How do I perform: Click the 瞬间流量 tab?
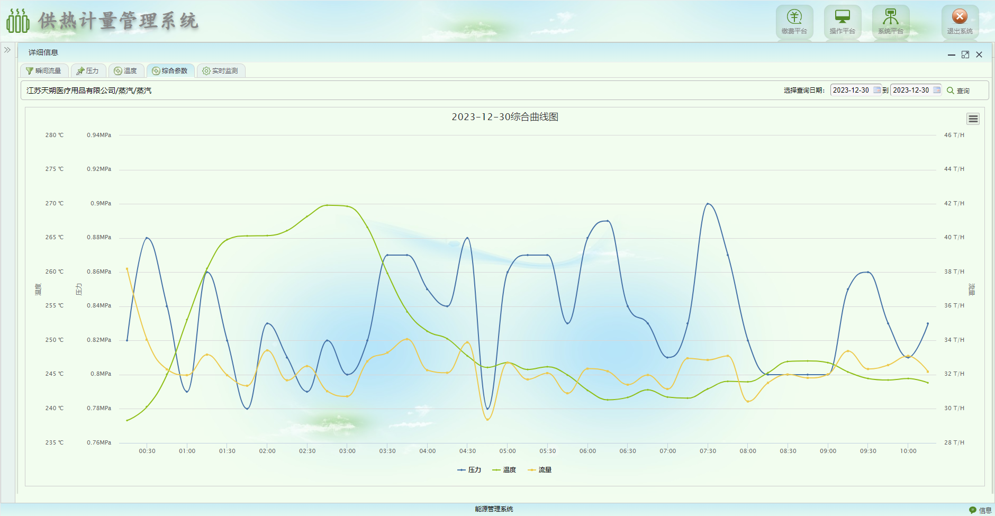[x=44, y=71]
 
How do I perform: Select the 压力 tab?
[x=88, y=71]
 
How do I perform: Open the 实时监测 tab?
[x=221, y=71]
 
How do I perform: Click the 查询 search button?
[x=958, y=90]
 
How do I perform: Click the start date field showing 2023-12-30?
[x=851, y=90]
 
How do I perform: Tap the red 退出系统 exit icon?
[x=960, y=17]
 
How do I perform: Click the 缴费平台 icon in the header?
[x=794, y=18]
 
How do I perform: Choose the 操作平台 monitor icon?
[x=842, y=18]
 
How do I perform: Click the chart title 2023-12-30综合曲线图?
[x=505, y=117]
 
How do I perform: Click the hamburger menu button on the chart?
[x=973, y=119]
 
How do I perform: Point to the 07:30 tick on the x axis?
[x=708, y=451]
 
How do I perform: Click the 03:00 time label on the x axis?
[x=347, y=451]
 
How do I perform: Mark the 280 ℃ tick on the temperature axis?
[x=54, y=135]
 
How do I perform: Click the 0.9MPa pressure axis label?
[x=101, y=203]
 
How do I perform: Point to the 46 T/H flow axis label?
[x=954, y=135]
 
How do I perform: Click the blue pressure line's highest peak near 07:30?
[x=708, y=204]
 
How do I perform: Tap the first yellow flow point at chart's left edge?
[x=127, y=269]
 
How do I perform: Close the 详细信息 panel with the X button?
[x=979, y=55]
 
